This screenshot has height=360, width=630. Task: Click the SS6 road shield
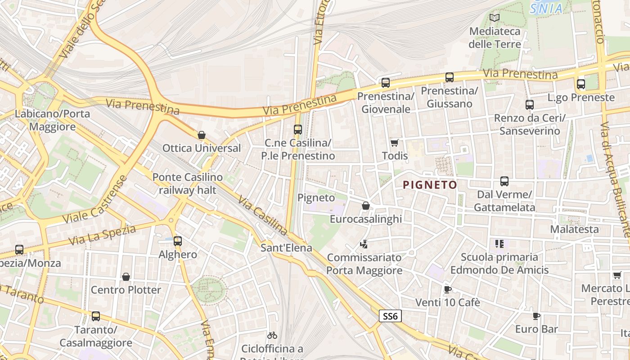pos(390,316)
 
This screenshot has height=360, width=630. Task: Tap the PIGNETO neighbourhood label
pos(430,184)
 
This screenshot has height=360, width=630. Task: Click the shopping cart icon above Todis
pos(395,143)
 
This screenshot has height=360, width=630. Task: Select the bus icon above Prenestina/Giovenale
pos(386,83)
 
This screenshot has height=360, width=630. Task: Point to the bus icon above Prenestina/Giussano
pos(450,77)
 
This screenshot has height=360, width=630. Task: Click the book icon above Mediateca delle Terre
pos(495,18)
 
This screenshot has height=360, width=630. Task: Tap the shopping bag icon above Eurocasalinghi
pos(366,206)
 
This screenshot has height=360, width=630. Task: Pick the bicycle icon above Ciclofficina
pos(272,335)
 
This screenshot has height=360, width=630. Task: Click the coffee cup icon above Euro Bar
pos(536,316)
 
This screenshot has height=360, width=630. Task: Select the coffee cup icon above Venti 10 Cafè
pos(447,289)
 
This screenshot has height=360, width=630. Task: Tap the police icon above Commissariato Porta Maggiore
pos(364,245)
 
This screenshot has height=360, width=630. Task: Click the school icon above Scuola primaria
pos(499,244)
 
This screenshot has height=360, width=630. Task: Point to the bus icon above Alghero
pos(178,241)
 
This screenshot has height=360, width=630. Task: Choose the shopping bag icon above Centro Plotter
pos(126,277)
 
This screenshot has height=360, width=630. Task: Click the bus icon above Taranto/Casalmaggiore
pos(96,316)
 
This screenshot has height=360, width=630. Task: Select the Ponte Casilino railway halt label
pos(187,184)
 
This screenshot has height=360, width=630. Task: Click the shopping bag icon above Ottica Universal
pos(202,135)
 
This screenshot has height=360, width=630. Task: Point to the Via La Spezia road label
pos(102,235)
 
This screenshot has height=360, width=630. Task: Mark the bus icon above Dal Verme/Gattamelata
pos(504,181)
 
